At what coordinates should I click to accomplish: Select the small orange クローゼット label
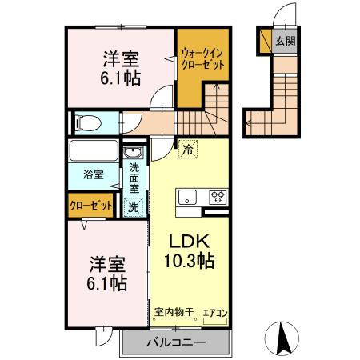90,206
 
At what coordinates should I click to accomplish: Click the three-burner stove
217,198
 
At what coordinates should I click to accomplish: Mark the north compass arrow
282,337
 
